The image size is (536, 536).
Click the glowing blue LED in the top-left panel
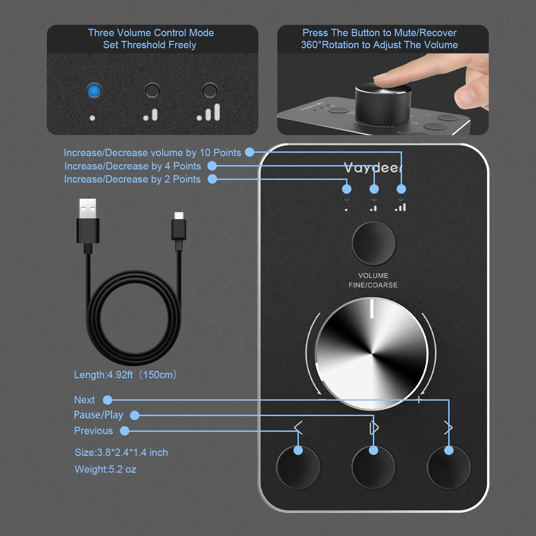(94, 91)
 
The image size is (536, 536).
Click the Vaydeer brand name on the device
(373, 167)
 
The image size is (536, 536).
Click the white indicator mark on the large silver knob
(372, 309)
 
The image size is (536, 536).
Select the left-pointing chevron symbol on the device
(298, 427)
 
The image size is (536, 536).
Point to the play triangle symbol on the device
(374, 428)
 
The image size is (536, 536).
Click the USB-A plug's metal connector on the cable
(87, 208)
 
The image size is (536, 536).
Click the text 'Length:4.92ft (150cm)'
(125, 375)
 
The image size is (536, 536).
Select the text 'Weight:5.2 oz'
(105, 469)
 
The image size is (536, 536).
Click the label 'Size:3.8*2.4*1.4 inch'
(121, 453)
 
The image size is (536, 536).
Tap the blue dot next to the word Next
(108, 400)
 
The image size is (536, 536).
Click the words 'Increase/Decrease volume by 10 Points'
(152, 153)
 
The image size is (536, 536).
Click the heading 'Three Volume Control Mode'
(151, 33)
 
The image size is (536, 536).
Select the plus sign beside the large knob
(419, 399)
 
